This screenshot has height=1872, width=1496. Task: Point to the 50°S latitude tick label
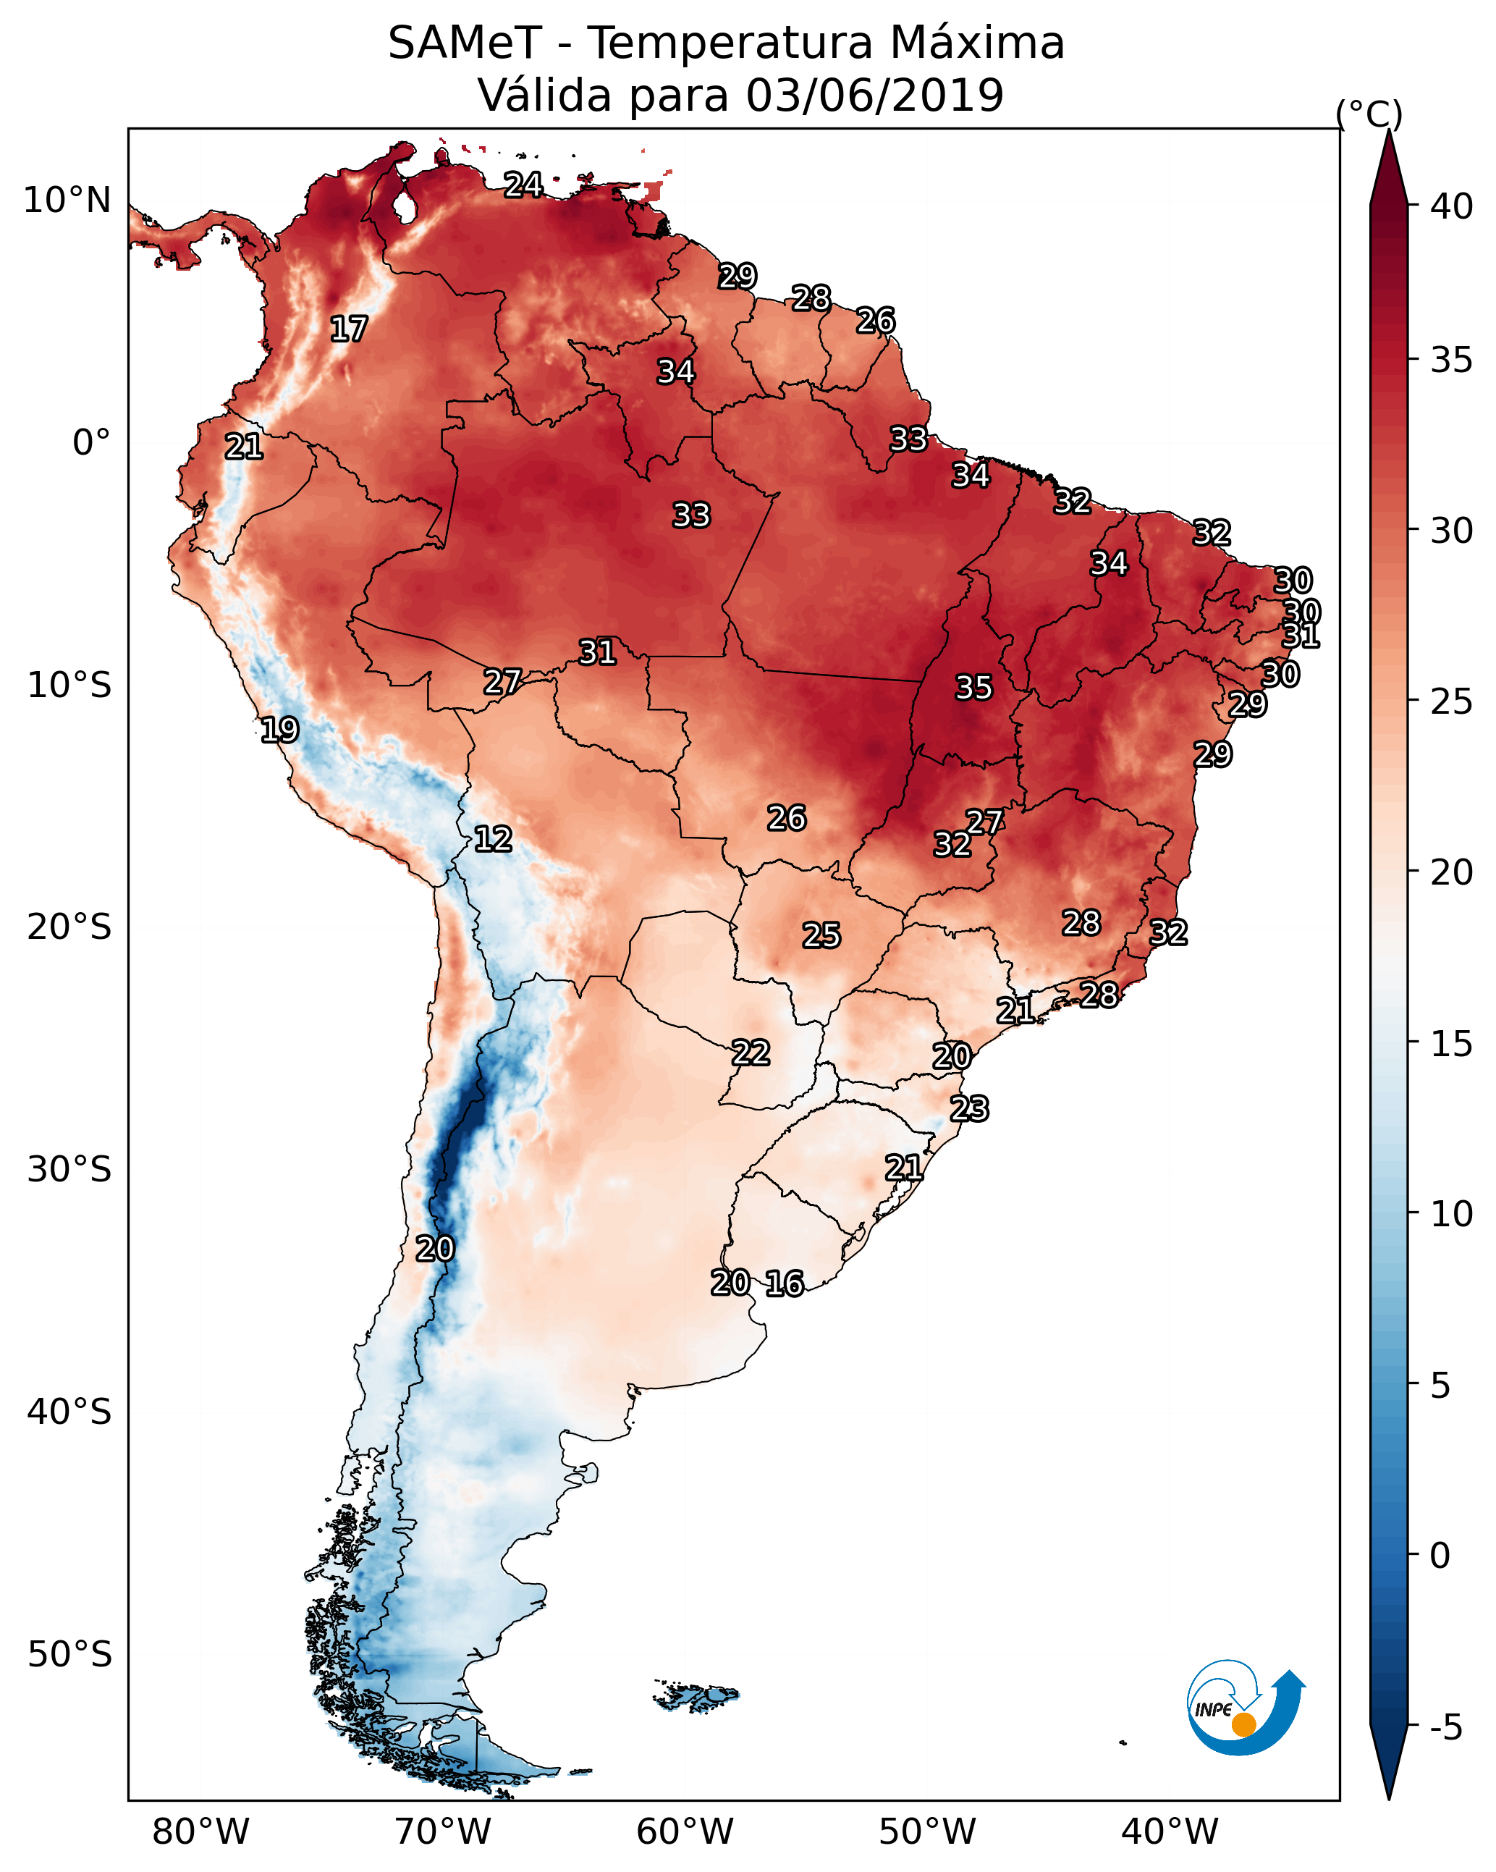(69, 1654)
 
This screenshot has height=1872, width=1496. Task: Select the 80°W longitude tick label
(200, 1831)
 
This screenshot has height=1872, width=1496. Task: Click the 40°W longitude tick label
(1170, 1831)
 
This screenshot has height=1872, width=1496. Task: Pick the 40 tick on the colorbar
(1451, 206)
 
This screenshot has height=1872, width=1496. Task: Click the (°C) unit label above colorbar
(1369, 114)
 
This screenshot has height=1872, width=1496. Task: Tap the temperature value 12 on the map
(493, 839)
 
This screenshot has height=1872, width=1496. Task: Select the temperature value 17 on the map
(349, 329)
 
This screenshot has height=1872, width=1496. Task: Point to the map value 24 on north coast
(523, 185)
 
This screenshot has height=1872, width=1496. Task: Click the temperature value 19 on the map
(279, 730)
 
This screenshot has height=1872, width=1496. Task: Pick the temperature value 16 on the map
(785, 1283)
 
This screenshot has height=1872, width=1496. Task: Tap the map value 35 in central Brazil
(973, 688)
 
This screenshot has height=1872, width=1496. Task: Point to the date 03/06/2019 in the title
(874, 95)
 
